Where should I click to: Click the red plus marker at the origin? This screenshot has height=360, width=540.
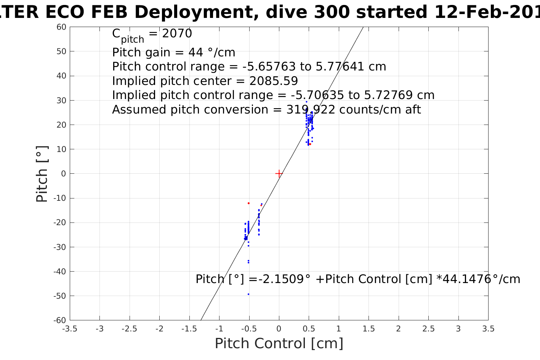pos(279,173)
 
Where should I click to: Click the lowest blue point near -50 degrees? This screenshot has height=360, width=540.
pos(248,294)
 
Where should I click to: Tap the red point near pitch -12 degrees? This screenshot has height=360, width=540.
pos(248,203)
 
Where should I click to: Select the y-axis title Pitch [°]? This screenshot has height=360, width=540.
pos(42,174)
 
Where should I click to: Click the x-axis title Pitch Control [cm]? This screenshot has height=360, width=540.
pos(279,344)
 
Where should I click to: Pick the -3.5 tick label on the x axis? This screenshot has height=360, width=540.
pos(69,329)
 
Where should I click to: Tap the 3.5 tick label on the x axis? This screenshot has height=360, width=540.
pos(488,329)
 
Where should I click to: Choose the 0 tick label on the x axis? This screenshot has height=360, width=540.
pos(279,329)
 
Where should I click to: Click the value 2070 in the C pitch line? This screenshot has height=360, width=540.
pos(177,34)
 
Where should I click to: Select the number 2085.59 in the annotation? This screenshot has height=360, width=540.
pos(274,81)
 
